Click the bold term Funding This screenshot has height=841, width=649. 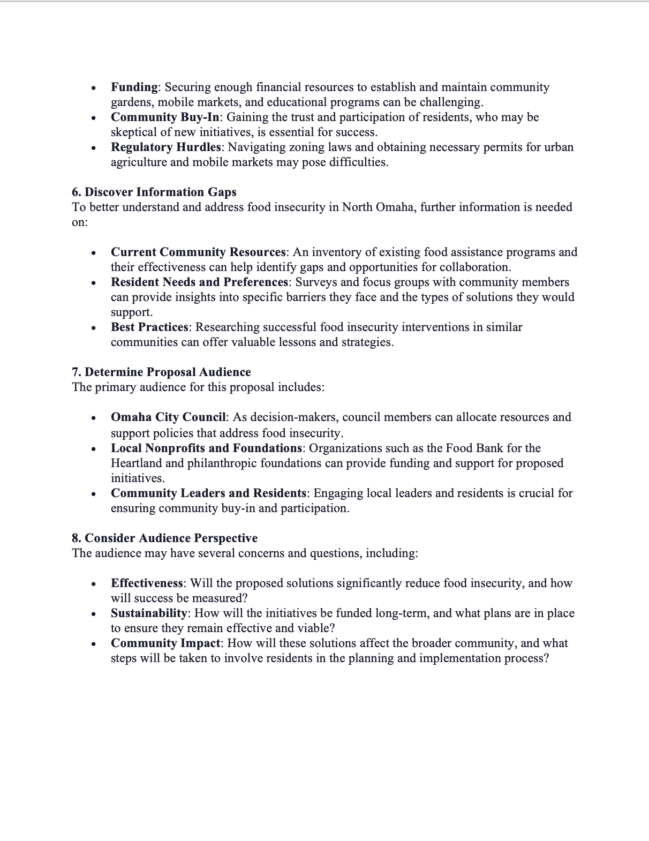coord(134,87)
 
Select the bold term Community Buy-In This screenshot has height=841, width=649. coord(165,117)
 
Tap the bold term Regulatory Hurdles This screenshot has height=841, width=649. coord(165,147)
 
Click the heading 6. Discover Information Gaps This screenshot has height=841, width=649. coord(154,192)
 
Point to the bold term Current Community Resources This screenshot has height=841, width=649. coord(198,252)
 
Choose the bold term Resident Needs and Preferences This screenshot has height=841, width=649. coord(199,282)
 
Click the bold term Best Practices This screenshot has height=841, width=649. coord(149,327)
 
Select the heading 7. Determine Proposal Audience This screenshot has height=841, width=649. coord(161,372)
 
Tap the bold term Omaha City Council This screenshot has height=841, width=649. coord(168,417)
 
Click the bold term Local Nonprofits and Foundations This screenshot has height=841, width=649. coord(206,448)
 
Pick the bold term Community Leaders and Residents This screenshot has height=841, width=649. coord(208,493)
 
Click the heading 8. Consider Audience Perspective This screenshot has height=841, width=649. coord(164,538)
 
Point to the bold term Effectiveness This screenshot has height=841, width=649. coord(147,583)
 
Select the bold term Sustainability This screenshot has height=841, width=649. coord(149,613)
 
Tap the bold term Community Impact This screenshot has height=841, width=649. coord(165,643)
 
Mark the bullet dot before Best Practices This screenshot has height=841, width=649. coord(94,328)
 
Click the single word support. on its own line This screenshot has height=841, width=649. coord(132,312)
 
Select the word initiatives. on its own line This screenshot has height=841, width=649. coord(138,478)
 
